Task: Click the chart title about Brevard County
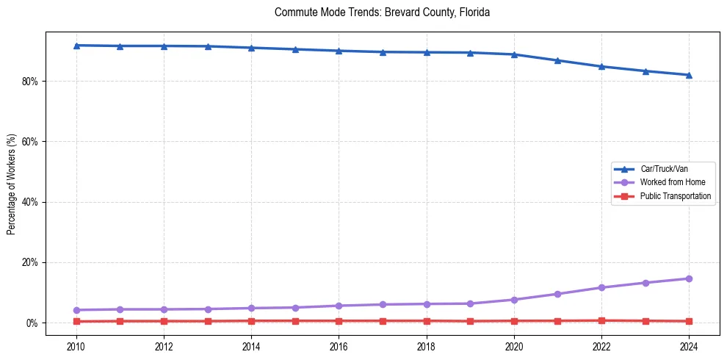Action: pos(382,12)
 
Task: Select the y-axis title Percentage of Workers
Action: pos(11,184)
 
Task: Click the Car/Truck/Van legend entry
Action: pos(664,169)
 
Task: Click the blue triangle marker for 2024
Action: pos(689,75)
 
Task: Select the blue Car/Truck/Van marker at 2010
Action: pos(76,46)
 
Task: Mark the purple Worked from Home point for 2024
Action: pos(689,278)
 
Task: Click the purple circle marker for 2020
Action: pos(514,300)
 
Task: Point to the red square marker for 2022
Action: pos(601,320)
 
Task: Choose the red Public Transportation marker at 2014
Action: pos(251,321)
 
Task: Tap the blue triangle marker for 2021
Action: pos(557,60)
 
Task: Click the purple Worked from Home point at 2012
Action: pos(164,309)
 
